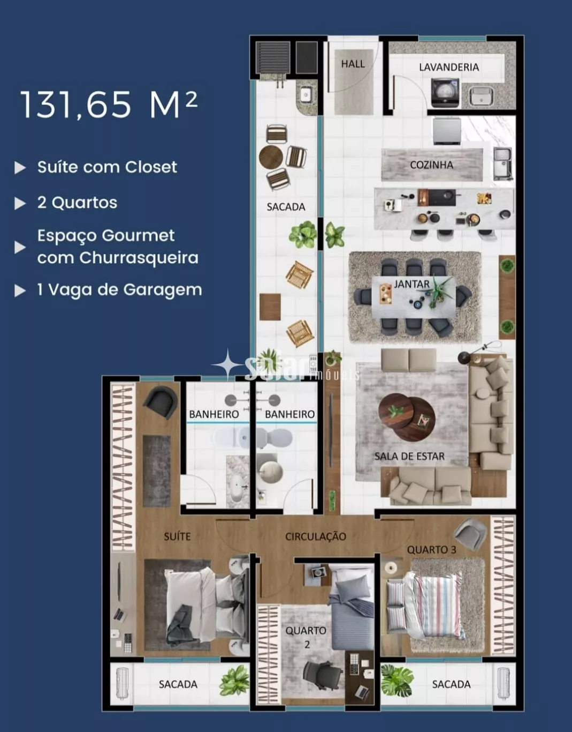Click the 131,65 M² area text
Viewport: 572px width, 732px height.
pyautogui.click(x=109, y=104)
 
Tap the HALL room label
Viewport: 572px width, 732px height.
pyautogui.click(x=353, y=64)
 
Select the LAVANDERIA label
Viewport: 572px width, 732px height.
pyautogui.click(x=449, y=67)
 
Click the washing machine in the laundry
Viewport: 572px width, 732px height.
pyautogui.click(x=445, y=93)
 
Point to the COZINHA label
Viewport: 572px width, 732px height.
pyautogui.click(x=431, y=165)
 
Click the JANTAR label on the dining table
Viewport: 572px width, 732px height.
pyautogui.click(x=412, y=285)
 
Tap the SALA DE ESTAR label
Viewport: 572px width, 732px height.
pyautogui.click(x=409, y=456)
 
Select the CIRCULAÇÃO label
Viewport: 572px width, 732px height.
pyautogui.click(x=315, y=536)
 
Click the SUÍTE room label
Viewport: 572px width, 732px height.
pyautogui.click(x=177, y=536)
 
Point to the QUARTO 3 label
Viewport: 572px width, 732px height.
pyautogui.click(x=431, y=550)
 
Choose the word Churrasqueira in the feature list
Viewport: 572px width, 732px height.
pyautogui.click(x=139, y=258)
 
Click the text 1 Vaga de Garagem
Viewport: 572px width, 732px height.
pyautogui.click(x=120, y=290)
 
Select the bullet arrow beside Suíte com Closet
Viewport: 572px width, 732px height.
pyautogui.click(x=20, y=167)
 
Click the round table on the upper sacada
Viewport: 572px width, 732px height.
pyautogui.click(x=271, y=156)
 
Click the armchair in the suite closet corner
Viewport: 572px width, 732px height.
pyautogui.click(x=161, y=402)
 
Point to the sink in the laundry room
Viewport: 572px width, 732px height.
pyautogui.click(x=481, y=96)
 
